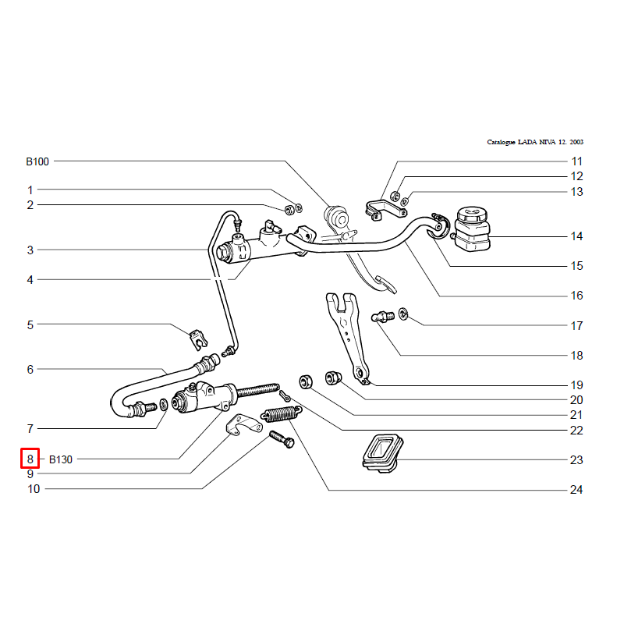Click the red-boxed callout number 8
[x=30, y=459]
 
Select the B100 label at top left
[x=37, y=161]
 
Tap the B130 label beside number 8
[x=61, y=459]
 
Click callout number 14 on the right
[x=576, y=236]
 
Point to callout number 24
[x=576, y=490]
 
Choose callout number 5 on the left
[x=30, y=324]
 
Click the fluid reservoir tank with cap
[x=472, y=229]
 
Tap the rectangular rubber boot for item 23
[x=382, y=454]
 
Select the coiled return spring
[x=282, y=414]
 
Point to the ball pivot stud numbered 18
[x=383, y=317]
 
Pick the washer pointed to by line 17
[x=403, y=314]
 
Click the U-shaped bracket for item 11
[x=385, y=211]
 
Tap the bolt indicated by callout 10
[x=282, y=439]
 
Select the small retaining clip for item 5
[x=198, y=340]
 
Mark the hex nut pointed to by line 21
[x=306, y=381]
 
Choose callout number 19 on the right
[x=576, y=385]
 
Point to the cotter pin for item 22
[x=285, y=396]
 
